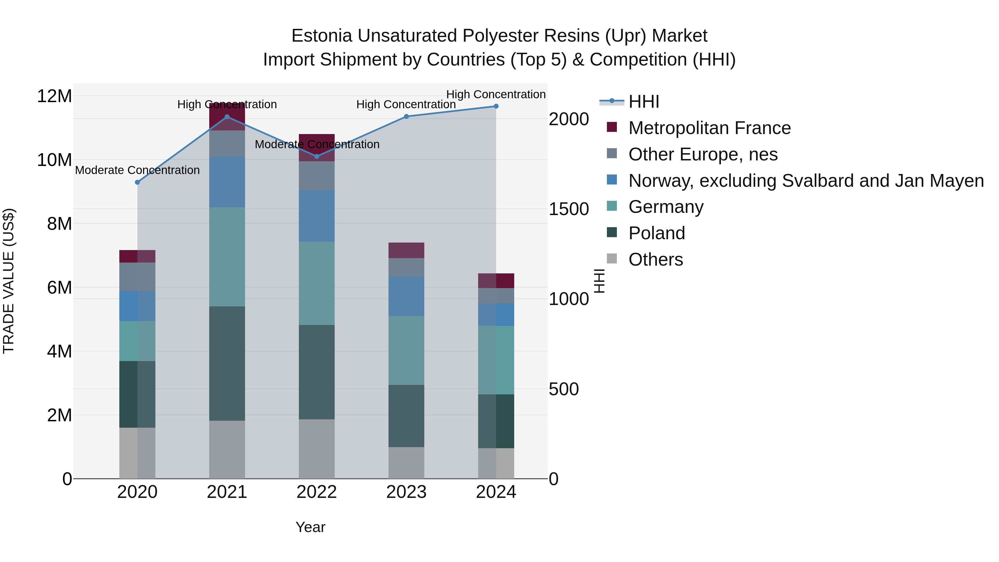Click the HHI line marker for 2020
(137, 182)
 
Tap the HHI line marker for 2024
(496, 106)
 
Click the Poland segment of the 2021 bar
(227, 363)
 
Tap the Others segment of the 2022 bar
(317, 449)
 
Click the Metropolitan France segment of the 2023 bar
(407, 250)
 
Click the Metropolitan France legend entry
(709, 128)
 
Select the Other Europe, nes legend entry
(703, 154)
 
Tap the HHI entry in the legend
(644, 102)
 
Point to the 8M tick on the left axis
(59, 224)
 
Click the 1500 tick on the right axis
(569, 209)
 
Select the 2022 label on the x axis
(317, 492)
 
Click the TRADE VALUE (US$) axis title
(9, 281)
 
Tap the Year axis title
(310, 527)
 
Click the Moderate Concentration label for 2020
(137, 170)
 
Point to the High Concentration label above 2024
(496, 94)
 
